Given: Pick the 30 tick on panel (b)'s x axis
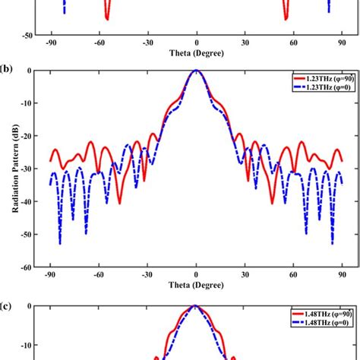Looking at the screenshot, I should pyautogui.click(x=245, y=276).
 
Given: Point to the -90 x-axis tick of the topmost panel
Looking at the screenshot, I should pyautogui.click(x=51, y=44).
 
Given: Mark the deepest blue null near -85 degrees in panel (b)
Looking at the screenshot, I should pyautogui.click(x=59, y=243).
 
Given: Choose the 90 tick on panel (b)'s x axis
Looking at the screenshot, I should pyautogui.click(x=343, y=276).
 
